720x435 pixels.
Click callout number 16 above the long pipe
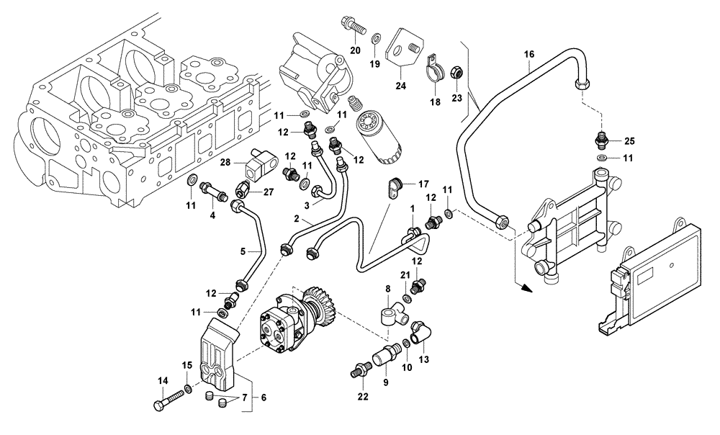[529, 54]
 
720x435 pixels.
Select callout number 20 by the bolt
[354, 50]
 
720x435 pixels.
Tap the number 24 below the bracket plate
[400, 86]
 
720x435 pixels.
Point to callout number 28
[224, 163]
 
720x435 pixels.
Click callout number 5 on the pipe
[243, 251]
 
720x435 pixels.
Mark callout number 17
[423, 184]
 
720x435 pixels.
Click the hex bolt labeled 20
[352, 24]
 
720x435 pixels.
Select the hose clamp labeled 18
[434, 68]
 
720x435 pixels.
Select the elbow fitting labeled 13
[419, 334]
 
